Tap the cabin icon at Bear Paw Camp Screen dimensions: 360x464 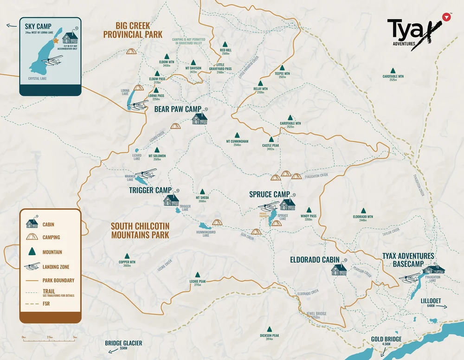point(200,118)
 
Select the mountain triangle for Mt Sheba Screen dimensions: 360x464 point(202,191)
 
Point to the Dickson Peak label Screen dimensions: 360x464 point(269,337)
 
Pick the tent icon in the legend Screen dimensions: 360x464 point(32,237)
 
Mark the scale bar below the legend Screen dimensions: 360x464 point(49,337)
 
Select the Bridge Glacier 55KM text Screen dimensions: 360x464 point(123,345)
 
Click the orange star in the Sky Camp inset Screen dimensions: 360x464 point(56,41)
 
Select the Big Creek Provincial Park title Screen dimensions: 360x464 point(133,30)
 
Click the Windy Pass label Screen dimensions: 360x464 point(308,217)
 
